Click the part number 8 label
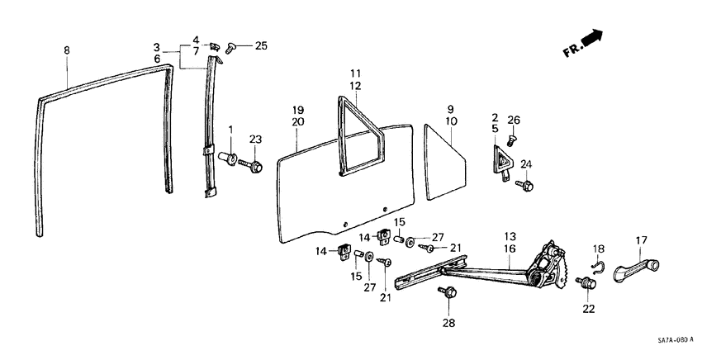point(67,50)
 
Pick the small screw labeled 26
point(511,142)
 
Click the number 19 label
point(298,109)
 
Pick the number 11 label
point(355,73)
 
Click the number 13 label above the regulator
point(510,234)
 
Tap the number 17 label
point(640,241)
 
